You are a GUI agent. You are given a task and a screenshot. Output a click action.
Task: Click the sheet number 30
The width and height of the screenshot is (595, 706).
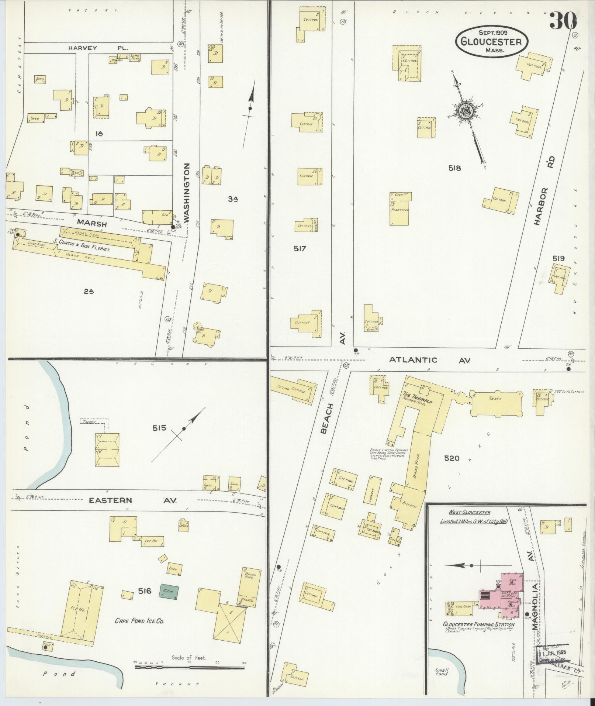pyautogui.click(x=563, y=20)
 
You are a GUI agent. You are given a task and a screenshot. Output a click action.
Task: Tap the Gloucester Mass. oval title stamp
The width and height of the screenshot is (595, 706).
pyautogui.click(x=491, y=42)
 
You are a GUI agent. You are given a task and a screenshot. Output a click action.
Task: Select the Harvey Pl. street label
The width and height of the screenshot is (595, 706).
pyautogui.click(x=97, y=48)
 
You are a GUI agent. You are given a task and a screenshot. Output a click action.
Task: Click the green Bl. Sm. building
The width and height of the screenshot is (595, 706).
pyautogui.click(x=169, y=592)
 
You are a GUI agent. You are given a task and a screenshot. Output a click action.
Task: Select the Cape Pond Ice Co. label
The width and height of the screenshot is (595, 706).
pyautogui.click(x=139, y=621)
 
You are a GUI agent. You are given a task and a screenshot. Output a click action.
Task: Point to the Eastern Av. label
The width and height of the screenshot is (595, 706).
pyautogui.click(x=133, y=500)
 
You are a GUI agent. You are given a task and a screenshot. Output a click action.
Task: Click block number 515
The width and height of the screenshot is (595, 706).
pyautogui.click(x=159, y=428)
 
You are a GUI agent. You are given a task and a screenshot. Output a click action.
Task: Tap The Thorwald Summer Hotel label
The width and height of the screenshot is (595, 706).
pyautogui.click(x=421, y=402)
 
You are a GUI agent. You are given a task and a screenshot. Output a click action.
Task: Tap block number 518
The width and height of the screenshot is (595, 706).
pyautogui.click(x=455, y=168)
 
